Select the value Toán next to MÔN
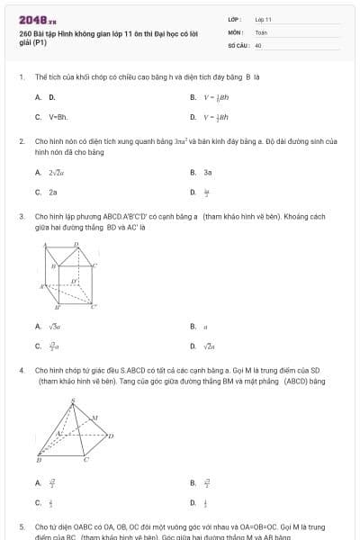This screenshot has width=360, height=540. (261, 31)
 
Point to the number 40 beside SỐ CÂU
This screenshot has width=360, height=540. (258, 44)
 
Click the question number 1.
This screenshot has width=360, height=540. (21, 77)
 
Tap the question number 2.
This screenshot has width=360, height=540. (21, 142)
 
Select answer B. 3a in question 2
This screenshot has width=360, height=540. (202, 171)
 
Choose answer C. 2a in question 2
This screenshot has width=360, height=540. (49, 192)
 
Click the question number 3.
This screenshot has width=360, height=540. (21, 217)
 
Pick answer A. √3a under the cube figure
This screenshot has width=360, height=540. (49, 326)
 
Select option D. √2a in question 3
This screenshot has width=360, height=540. (203, 346)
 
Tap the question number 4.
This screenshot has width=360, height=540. (21, 370)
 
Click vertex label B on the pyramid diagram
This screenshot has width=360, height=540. (38, 460)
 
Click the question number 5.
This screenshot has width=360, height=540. (21, 526)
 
